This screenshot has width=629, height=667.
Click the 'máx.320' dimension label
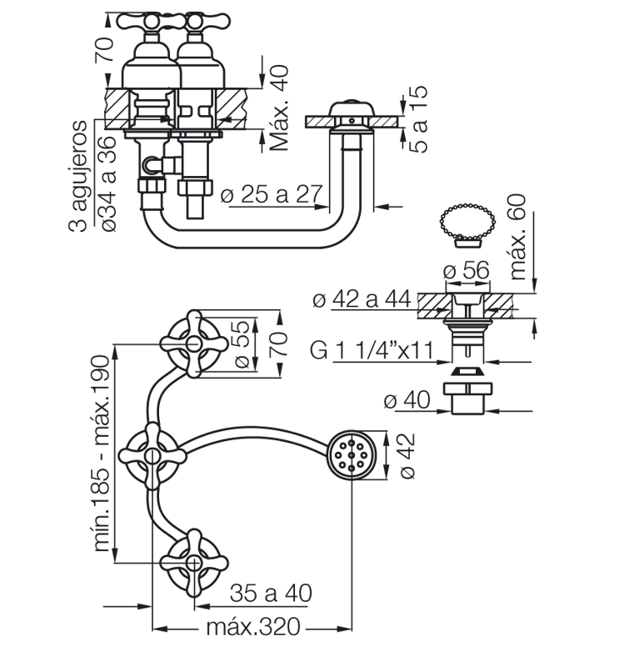253,627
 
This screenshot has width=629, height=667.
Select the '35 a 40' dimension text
271,593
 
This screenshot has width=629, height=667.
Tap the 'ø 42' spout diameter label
407,456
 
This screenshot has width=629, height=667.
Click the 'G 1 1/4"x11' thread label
372,350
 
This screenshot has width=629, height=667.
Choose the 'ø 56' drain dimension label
467,269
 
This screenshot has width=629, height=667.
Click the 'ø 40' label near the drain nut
407,400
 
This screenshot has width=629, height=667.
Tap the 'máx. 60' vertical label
517,237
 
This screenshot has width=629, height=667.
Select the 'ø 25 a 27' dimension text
272,194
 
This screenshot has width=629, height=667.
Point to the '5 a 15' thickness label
418,119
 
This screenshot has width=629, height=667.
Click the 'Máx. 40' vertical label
279,108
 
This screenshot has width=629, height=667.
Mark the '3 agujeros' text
77,176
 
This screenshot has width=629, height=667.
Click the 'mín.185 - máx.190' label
102,454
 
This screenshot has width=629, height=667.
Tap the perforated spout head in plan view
352,455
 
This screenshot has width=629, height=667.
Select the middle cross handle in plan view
152,455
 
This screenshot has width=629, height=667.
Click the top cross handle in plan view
194,344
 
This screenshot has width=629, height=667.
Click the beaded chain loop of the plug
467,222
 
